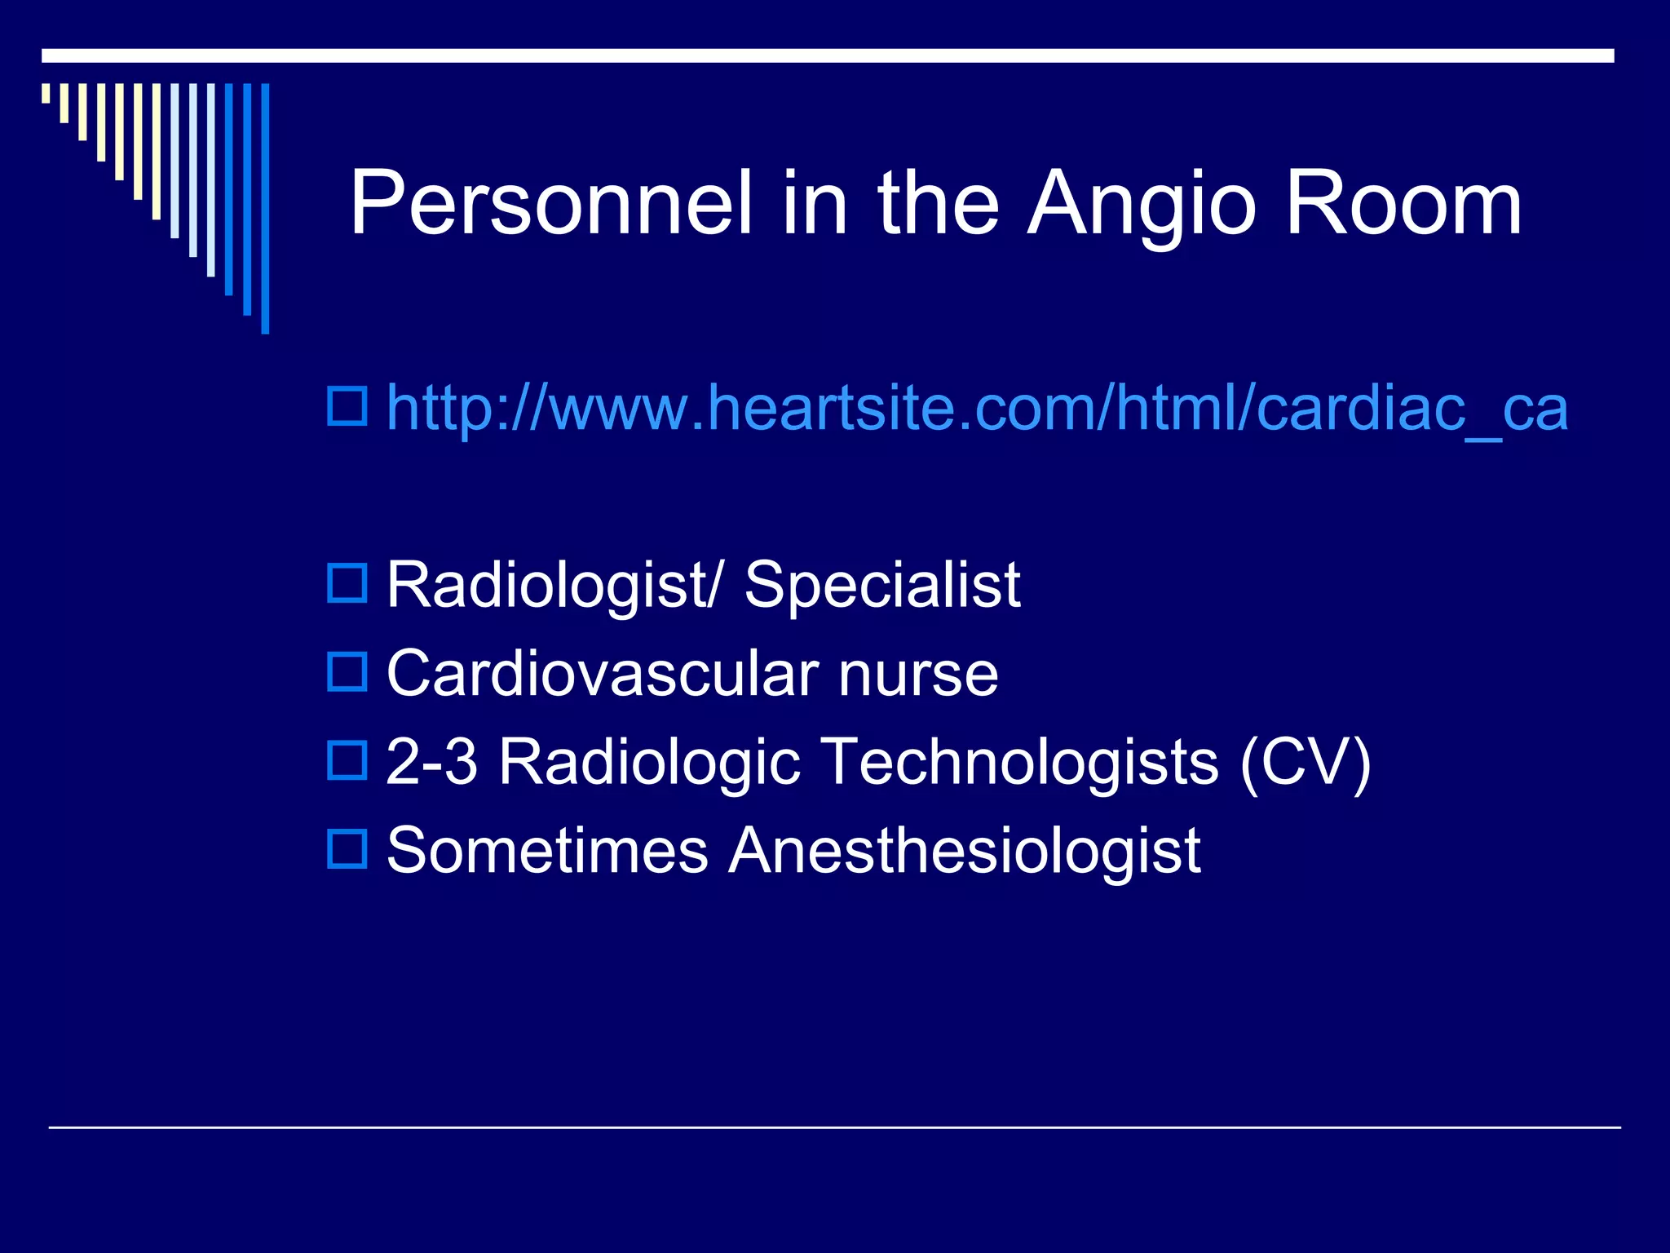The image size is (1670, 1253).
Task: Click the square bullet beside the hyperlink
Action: pyautogui.click(x=347, y=405)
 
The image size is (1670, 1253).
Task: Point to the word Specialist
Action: pyautogui.click(x=881, y=585)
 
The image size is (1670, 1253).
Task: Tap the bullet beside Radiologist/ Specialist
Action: pyautogui.click(x=347, y=582)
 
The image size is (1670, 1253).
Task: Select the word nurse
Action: pyautogui.click(x=918, y=675)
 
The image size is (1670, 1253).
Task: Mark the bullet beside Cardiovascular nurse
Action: pyautogui.click(x=347, y=671)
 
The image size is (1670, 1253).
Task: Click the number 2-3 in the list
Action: pyautogui.click(x=431, y=761)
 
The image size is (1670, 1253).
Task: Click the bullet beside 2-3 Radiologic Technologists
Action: pyautogui.click(x=347, y=759)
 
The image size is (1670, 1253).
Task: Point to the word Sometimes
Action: pyautogui.click(x=547, y=850)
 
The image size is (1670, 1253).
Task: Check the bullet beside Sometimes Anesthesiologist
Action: pyautogui.click(x=347, y=848)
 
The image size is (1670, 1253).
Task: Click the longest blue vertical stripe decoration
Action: pyautogui.click(x=265, y=208)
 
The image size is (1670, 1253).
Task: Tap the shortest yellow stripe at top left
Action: pyautogui.click(x=46, y=93)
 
